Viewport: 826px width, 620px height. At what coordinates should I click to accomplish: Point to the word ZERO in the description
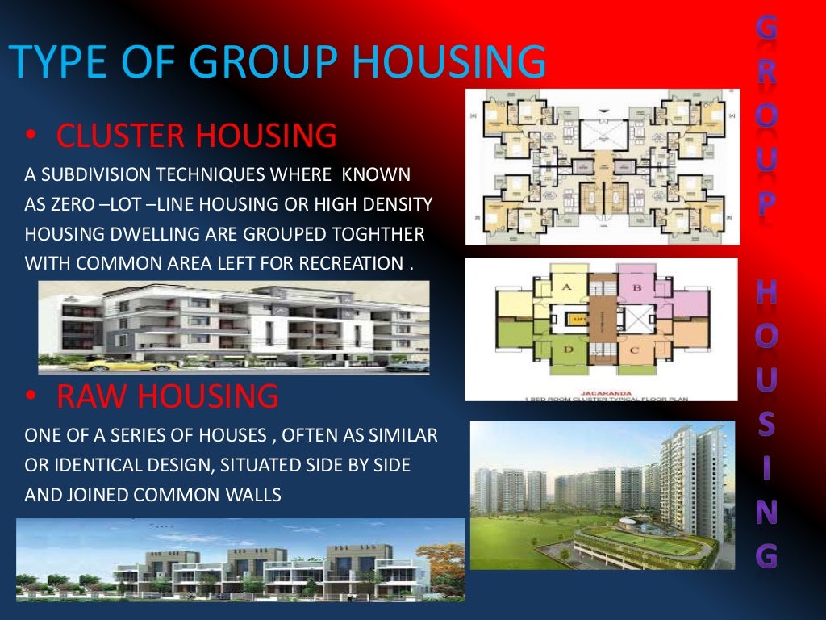tap(69, 205)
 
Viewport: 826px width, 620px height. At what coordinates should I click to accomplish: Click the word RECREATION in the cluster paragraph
tap(353, 263)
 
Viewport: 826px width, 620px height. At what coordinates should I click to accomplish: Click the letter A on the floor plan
tap(566, 287)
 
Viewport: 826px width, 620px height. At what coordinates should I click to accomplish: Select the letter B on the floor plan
tap(636, 287)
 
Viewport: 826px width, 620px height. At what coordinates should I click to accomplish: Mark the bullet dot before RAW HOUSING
tap(30, 398)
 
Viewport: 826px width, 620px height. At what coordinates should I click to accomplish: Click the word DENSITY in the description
tap(403, 205)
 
